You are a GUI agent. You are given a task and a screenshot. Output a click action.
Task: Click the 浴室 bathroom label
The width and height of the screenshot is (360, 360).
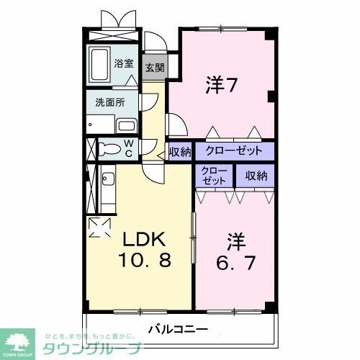tap(124, 63)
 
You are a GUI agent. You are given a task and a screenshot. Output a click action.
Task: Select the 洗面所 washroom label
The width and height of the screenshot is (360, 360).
tap(111, 102)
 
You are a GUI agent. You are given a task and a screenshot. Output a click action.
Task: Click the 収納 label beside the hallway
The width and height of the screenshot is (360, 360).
tap(180, 152)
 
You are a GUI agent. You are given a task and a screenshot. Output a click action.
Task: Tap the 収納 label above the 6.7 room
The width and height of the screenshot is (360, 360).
tap(256, 175)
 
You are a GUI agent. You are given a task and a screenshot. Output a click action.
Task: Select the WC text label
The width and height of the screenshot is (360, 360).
tap(128, 149)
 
